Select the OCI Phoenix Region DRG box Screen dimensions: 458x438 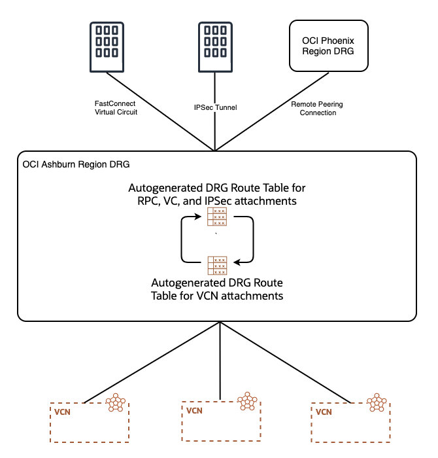(328, 45)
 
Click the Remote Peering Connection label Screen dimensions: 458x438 (318, 108)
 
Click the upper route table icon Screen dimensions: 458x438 (217, 217)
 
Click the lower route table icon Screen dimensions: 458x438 (217, 266)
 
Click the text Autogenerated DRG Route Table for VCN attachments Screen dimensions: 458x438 (217, 289)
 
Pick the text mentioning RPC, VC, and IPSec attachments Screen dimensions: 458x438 (217, 194)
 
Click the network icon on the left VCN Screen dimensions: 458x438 (116, 403)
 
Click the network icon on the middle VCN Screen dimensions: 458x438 (248, 401)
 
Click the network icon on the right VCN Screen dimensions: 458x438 (377, 403)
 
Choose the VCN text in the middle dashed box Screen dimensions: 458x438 (195, 412)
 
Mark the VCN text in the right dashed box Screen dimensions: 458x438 (324, 412)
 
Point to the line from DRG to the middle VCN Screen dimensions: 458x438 (220, 360)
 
